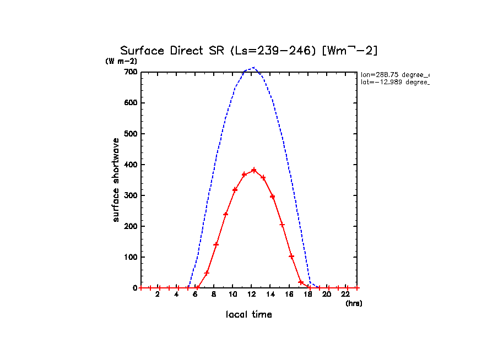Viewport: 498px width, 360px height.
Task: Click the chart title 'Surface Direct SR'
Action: [x=248, y=51]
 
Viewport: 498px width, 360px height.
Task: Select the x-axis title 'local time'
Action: [x=249, y=314]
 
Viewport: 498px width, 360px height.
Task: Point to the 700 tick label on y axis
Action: [x=130, y=72]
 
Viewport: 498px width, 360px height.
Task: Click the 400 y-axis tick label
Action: [x=130, y=165]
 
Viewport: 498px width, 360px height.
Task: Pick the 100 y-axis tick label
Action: [x=130, y=257]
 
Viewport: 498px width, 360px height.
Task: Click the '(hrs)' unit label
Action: [x=354, y=303]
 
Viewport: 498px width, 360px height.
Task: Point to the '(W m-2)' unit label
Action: [x=121, y=61]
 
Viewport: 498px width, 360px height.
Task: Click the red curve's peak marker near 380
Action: [x=254, y=170]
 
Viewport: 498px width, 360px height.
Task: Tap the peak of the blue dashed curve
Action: [x=253, y=68]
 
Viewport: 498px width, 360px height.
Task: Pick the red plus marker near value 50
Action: [x=207, y=272]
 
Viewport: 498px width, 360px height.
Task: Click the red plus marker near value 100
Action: [x=291, y=257]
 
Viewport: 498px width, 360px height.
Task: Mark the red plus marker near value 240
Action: [x=226, y=214]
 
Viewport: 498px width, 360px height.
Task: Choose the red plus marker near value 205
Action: [x=282, y=225]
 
